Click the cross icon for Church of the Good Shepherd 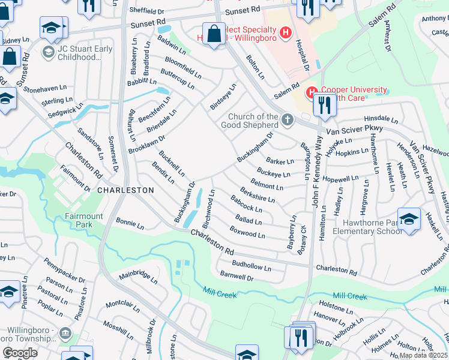288,121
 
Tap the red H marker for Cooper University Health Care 311,93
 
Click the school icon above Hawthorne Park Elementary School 409,219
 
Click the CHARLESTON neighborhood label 125,190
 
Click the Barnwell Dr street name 238,276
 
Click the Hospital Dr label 301,53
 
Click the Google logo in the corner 20,353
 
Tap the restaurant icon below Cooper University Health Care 325,104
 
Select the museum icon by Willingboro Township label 65,333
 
